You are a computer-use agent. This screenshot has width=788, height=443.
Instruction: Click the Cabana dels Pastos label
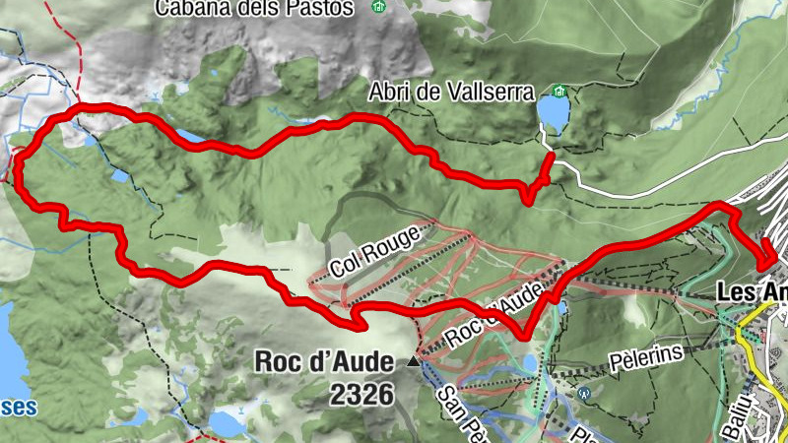[x=254, y=8]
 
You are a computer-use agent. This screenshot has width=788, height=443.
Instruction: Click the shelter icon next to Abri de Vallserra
[x=559, y=94]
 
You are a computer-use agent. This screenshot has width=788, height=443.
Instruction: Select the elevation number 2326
[x=362, y=395]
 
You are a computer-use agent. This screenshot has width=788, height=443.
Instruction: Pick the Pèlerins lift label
[x=650, y=356]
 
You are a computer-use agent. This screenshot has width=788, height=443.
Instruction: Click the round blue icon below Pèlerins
[x=584, y=393]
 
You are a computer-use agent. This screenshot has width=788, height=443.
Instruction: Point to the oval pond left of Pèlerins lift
[x=530, y=363]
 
